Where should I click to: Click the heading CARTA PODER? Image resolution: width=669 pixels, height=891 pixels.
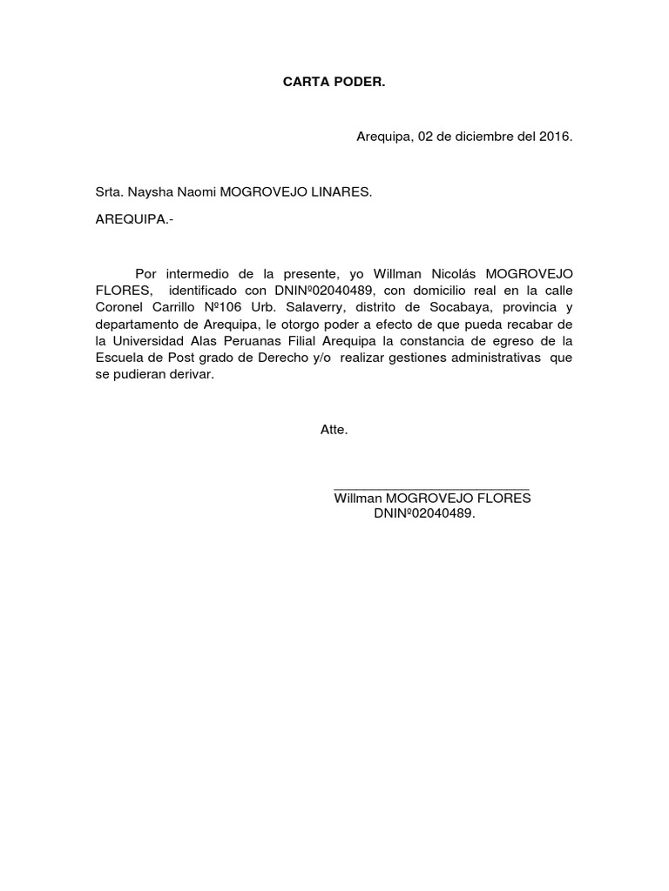click(334, 83)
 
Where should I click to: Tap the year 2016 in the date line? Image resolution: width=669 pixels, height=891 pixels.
click(554, 137)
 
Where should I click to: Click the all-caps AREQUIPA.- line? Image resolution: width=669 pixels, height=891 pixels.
click(134, 219)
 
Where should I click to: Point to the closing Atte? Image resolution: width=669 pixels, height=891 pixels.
click(334, 430)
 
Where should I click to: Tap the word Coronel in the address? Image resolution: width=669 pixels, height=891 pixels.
click(119, 306)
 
